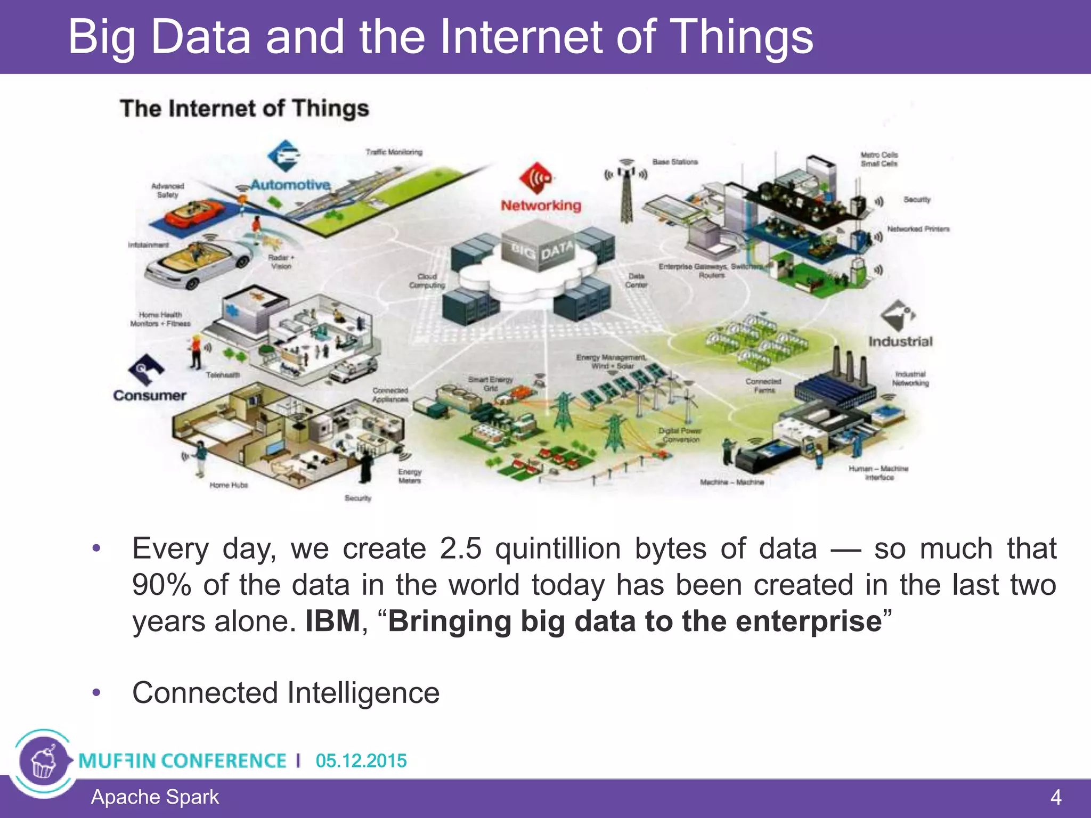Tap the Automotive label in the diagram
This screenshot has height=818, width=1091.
click(x=290, y=185)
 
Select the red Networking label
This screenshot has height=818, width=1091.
click(x=541, y=206)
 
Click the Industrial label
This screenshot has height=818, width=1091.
click(x=900, y=341)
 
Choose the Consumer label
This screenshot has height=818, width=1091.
click(x=149, y=396)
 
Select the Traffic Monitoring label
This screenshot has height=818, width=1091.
click(x=394, y=152)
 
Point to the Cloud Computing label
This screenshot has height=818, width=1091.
click(x=427, y=281)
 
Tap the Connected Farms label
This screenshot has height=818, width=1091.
click(x=763, y=386)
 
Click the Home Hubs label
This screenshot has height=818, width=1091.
click(x=229, y=485)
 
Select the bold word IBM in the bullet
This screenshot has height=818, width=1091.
click(x=333, y=621)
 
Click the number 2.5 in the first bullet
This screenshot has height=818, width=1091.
click(x=461, y=549)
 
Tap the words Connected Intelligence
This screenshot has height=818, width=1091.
click(x=286, y=693)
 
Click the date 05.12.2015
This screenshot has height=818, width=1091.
click(x=361, y=760)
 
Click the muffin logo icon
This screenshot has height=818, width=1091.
click(x=44, y=762)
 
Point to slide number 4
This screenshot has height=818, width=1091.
click(x=1055, y=798)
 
